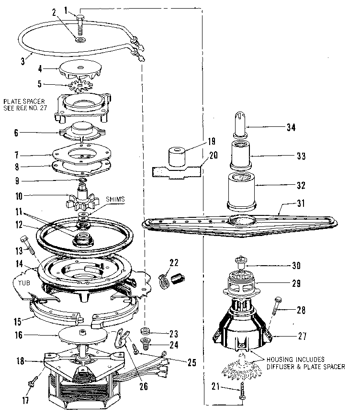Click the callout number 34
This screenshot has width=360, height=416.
coord(291,128)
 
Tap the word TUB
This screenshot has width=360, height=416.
coord(24,282)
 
